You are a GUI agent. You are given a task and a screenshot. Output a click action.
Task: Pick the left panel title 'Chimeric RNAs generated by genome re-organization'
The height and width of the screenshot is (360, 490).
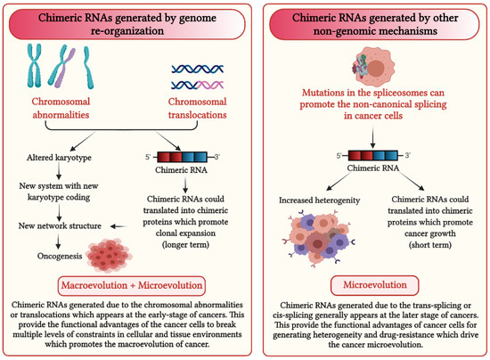pos(123,22)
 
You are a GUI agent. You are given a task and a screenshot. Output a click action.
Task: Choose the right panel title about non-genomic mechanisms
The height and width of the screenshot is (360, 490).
pos(366,22)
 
